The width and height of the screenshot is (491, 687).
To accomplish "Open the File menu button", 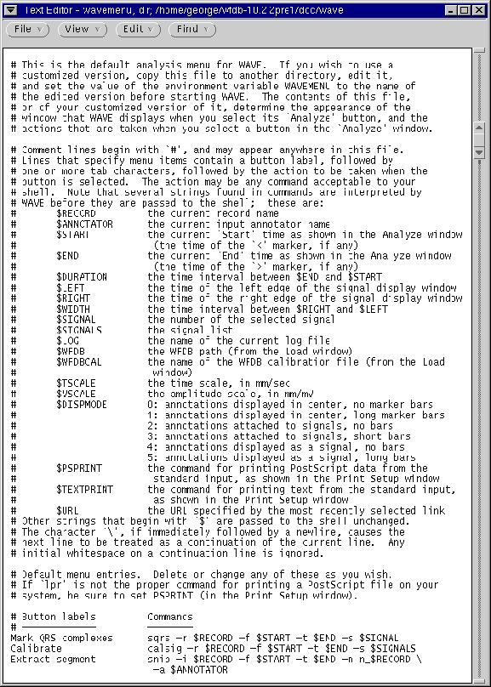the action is pyautogui.click(x=29, y=29).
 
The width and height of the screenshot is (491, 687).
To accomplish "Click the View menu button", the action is pyautogui.click(x=83, y=29).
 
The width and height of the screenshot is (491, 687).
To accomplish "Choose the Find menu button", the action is pyautogui.click(x=194, y=29).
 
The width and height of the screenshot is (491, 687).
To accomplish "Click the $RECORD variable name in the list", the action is pyautogui.click(x=76, y=213).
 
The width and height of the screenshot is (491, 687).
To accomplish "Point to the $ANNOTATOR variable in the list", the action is pyautogui.click(x=84, y=224).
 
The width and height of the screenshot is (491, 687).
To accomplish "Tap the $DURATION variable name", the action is pyautogui.click(x=82, y=276).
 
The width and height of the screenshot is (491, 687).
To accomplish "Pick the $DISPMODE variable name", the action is pyautogui.click(x=82, y=404).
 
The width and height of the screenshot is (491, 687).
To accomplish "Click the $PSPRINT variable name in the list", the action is pyautogui.click(x=79, y=467).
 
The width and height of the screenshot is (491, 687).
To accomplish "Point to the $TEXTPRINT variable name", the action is pyautogui.click(x=84, y=488).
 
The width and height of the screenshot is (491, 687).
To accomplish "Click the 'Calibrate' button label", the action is pyautogui.click(x=36, y=648).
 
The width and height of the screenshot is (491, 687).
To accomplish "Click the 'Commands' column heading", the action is pyautogui.click(x=169, y=616).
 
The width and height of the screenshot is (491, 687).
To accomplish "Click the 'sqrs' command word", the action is pyautogui.click(x=158, y=638).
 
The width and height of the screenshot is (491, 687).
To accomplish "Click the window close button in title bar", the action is pyautogui.click(x=478, y=9).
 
